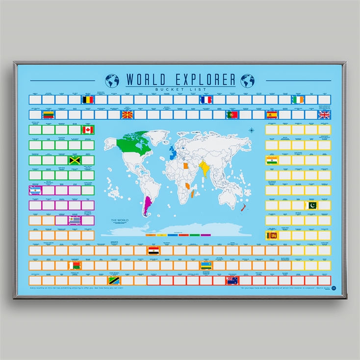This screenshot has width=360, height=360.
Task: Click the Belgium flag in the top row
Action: (88, 100)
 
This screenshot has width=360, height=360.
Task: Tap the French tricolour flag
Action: (206, 100)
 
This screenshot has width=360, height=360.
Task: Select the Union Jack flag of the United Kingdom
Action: (324, 115)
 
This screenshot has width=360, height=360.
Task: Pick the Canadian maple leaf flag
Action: (88, 130)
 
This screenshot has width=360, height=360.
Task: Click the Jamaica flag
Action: (75, 160)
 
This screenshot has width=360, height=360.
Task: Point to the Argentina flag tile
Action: (35, 190)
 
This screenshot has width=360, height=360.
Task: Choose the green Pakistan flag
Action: (311, 206)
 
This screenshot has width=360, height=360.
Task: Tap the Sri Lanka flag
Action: (272, 235)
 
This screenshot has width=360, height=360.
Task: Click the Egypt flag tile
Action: (154, 251)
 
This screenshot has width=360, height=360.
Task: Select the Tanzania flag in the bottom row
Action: (114, 281)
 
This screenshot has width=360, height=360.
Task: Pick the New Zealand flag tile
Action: (232, 281)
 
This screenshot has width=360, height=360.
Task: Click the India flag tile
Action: (272, 160)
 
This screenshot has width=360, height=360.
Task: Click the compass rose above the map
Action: (252, 130)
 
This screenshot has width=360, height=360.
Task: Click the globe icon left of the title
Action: (112, 80)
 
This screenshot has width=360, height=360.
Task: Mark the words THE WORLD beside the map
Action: (119, 220)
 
